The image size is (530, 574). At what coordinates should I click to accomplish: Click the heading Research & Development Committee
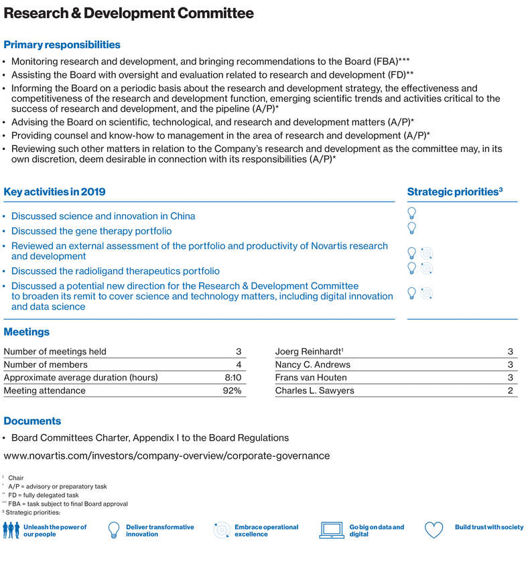tap(129, 13)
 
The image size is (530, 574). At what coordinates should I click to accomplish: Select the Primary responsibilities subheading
tap(62, 45)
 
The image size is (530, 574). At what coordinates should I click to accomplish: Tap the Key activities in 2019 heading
tap(54, 192)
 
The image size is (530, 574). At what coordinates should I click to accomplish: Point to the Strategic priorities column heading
tap(455, 192)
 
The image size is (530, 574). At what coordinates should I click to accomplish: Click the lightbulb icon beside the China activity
tap(412, 213)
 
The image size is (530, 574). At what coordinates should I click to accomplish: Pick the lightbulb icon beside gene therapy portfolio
tap(412, 228)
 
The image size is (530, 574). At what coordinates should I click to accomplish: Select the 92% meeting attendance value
tap(232, 391)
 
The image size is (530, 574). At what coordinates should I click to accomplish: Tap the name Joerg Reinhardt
tap(309, 352)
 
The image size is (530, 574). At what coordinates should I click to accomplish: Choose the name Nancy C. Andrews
tap(312, 365)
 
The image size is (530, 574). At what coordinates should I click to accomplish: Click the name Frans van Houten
tap(310, 378)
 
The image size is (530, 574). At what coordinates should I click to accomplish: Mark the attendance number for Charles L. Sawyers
tap(510, 391)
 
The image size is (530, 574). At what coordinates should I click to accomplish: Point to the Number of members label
tap(46, 365)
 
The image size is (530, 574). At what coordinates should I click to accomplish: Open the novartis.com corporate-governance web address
tap(167, 456)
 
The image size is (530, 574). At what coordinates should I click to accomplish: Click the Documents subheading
tap(32, 421)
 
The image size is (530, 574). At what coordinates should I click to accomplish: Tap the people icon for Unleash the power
tap(11, 530)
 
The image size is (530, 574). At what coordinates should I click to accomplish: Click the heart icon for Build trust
tap(434, 530)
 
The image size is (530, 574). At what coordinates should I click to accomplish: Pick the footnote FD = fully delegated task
tap(43, 495)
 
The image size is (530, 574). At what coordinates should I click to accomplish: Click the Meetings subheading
tap(27, 332)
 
